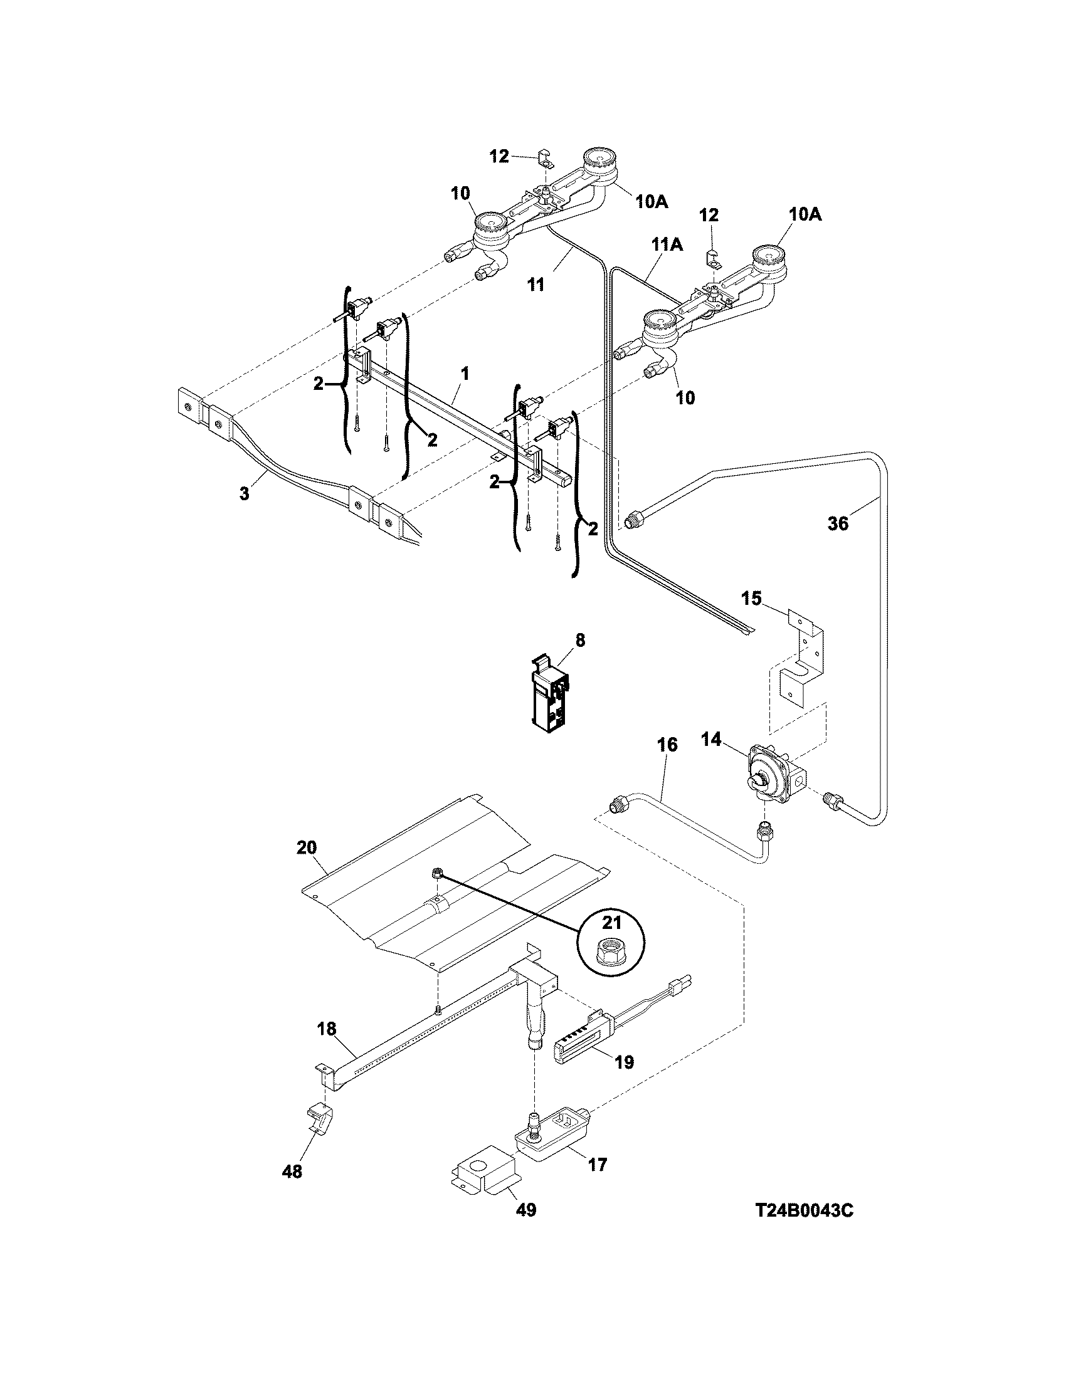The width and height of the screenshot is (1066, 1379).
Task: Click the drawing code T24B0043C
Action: click(x=805, y=1211)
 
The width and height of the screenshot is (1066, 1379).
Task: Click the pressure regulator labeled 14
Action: click(x=771, y=777)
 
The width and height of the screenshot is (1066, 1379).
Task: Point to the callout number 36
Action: click(x=838, y=524)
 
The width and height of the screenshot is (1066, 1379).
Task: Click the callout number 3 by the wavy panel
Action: click(x=245, y=493)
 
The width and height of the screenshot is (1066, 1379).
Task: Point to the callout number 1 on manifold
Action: click(x=464, y=373)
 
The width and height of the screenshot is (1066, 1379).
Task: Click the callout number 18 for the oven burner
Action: click(x=327, y=1029)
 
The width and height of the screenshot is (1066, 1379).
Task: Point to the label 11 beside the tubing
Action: click(x=536, y=285)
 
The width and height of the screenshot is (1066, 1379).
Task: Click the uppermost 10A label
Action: click(x=651, y=201)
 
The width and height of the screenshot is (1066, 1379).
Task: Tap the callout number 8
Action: click(x=580, y=640)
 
